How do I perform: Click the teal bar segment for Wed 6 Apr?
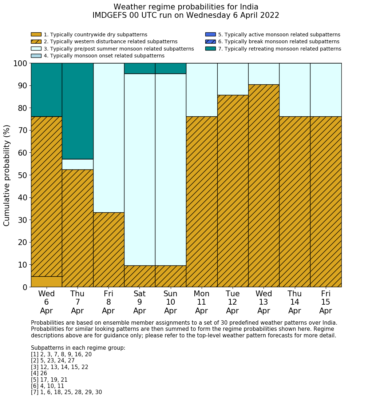[x=46, y=90]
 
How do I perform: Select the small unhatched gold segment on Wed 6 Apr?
[x=46, y=282]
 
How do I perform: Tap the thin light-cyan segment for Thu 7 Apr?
[x=78, y=164]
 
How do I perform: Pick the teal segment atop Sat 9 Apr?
[x=139, y=68]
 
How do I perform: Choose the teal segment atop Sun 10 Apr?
[x=170, y=68]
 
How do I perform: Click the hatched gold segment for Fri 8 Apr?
[x=108, y=250]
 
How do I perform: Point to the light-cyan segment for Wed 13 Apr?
[x=264, y=74]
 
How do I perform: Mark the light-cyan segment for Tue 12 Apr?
[x=233, y=79]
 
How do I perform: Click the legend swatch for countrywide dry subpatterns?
[x=36, y=35]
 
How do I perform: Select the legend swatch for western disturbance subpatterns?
[x=36, y=41]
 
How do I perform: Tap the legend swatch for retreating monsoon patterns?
[x=210, y=49]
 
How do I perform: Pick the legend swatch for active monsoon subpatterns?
[x=210, y=35]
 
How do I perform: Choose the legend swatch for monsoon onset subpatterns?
[x=36, y=56]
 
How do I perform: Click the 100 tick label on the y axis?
[x=20, y=64]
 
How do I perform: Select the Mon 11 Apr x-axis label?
[x=201, y=302]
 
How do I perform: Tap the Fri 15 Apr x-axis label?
[x=325, y=302]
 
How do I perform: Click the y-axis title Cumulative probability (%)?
[x=7, y=175]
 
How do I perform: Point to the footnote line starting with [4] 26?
[x=39, y=373]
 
